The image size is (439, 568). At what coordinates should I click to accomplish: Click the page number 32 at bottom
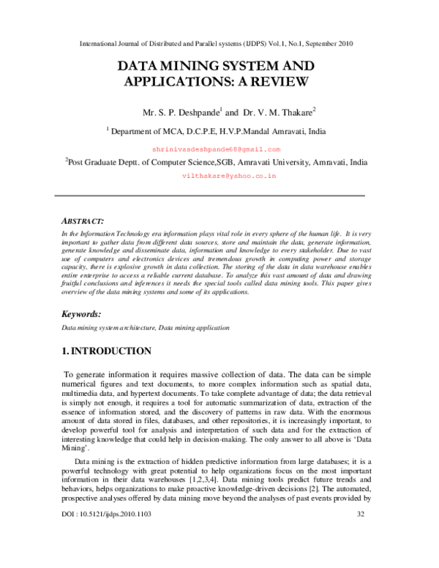360,555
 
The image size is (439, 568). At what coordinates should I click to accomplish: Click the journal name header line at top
216,43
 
